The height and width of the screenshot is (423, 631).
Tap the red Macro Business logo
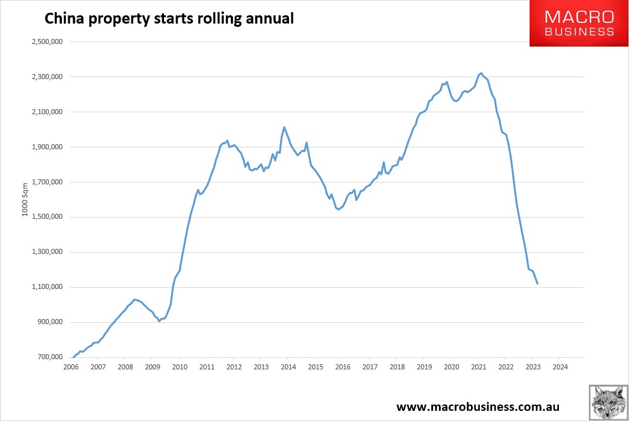click(x=579, y=24)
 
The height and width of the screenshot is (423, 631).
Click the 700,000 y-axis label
click(x=47, y=357)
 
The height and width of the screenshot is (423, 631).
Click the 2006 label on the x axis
click(x=71, y=367)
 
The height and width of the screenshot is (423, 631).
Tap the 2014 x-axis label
click(x=288, y=367)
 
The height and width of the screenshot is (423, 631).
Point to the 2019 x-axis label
click(x=424, y=367)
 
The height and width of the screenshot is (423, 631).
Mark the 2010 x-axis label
click(x=179, y=367)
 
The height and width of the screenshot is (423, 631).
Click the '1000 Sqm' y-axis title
click(x=26, y=200)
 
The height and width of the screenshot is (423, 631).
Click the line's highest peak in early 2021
click(x=481, y=73)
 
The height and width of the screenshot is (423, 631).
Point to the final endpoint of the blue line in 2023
click(x=538, y=284)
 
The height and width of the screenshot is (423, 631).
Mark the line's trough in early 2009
click(x=159, y=321)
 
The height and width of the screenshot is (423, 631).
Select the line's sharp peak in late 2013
click(x=284, y=127)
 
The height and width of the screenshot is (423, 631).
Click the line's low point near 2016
click(x=338, y=209)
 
